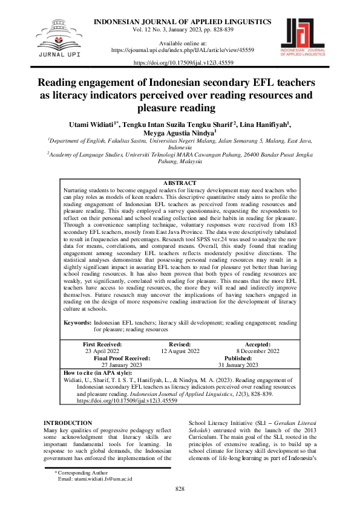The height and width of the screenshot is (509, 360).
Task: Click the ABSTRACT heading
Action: [180, 183]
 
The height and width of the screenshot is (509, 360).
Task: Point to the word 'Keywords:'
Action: [78, 323]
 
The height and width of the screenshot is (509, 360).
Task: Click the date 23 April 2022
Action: [103, 351]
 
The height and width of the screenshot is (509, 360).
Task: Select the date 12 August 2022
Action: [180, 351]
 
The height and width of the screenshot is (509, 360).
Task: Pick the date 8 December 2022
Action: [258, 351]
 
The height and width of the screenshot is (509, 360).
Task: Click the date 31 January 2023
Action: [238, 365]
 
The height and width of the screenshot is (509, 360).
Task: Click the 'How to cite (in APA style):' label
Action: [97, 372]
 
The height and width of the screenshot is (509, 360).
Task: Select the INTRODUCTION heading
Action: [68, 423]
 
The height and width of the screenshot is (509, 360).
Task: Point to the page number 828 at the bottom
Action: [180, 488]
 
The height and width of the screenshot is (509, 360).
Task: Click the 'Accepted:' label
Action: [258, 343]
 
